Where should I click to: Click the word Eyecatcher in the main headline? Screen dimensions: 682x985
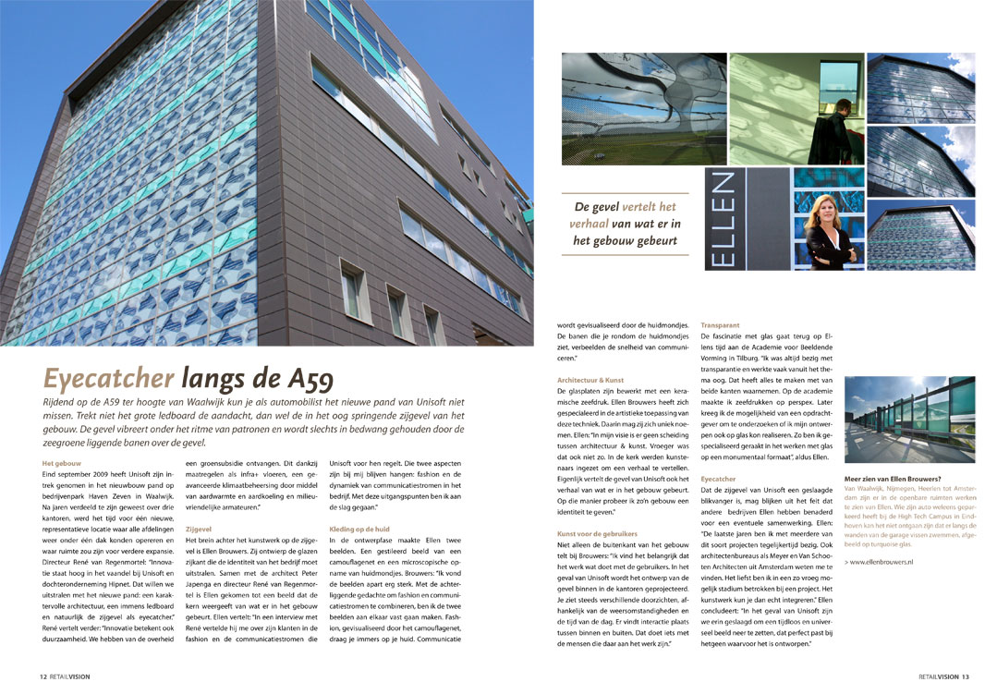pyautogui.click(x=108, y=378)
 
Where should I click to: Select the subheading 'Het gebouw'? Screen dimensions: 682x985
pyautogui.click(x=62, y=463)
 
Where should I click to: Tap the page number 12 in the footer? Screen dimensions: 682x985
pyautogui.click(x=43, y=676)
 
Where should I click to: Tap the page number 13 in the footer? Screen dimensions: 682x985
pyautogui.click(x=964, y=676)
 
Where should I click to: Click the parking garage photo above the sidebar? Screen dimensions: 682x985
pyautogui.click(x=909, y=420)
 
